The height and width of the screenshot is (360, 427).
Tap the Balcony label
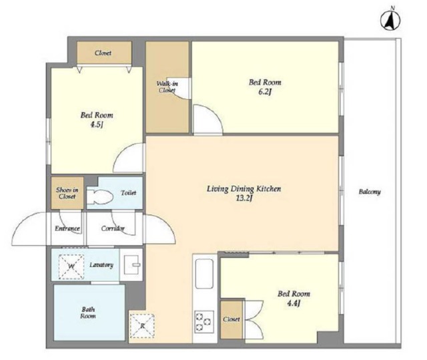click(x=370, y=192)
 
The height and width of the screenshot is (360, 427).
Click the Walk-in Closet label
click(x=167, y=87)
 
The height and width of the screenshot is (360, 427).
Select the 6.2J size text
click(x=265, y=92)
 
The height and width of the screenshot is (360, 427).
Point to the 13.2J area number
click(x=244, y=198)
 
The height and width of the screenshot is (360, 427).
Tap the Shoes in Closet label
click(x=67, y=193)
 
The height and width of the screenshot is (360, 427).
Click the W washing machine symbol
click(x=71, y=266)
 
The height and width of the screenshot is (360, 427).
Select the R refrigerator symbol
click(x=142, y=326)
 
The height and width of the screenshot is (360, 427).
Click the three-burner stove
click(x=204, y=321)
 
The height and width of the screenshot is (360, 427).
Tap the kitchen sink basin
click(x=204, y=274)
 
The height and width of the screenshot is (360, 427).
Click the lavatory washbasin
click(x=132, y=264)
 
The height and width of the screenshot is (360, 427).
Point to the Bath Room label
click(x=88, y=313)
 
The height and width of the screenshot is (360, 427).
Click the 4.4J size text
click(x=294, y=303)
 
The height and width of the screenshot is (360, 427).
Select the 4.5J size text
click(x=96, y=125)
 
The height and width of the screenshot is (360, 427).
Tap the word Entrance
click(x=67, y=228)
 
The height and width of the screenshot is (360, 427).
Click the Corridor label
click(x=113, y=228)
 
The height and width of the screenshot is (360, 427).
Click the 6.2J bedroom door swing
click(x=207, y=120)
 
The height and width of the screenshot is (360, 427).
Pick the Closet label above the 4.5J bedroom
click(x=103, y=53)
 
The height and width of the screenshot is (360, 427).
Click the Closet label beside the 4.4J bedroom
click(x=232, y=319)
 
